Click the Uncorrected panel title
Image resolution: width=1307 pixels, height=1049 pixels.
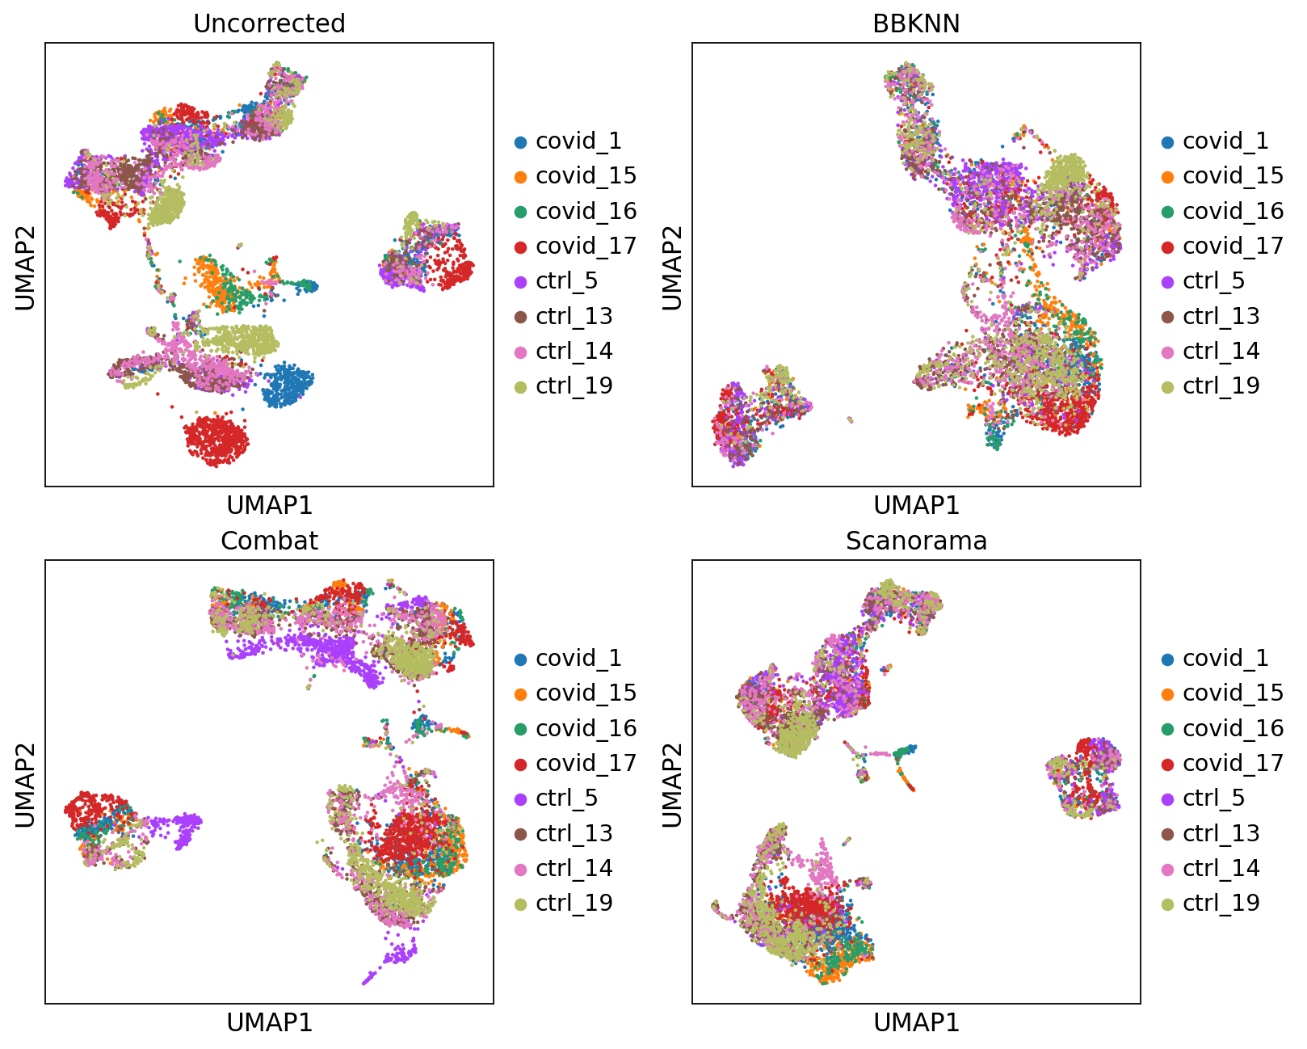pos(269,23)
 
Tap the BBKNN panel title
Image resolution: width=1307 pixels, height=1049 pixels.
pos(916,23)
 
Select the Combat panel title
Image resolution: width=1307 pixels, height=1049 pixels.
pos(269,541)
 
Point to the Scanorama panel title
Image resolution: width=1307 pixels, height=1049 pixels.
pos(916,541)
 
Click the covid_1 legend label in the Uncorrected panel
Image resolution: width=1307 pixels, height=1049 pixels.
pos(578,141)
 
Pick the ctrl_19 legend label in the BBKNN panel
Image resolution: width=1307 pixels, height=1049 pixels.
pos(1221,386)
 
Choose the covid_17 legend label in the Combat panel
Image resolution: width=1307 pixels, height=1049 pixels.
pos(586,763)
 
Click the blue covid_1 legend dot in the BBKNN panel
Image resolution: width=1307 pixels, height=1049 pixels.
pos(1167,142)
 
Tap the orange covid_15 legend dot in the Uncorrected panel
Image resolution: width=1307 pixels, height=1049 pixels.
pos(520,177)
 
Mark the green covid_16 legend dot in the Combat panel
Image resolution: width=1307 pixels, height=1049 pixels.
pos(520,729)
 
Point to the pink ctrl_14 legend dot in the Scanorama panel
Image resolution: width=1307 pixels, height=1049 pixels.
pos(1167,869)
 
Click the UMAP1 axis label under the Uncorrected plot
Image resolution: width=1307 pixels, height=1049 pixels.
pos(269,505)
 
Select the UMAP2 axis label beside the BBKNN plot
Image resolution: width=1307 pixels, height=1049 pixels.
pos(672,267)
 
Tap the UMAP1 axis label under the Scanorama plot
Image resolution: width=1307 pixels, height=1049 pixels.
pos(916,1023)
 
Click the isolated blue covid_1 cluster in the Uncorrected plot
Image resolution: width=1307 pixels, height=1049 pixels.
pos(287,385)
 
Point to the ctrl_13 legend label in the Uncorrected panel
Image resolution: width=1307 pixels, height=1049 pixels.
pos(574,316)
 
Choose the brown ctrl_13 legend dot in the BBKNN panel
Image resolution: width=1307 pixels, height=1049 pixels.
pos(1167,317)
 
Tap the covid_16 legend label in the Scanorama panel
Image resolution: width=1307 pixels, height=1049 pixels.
pos(1233,728)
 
